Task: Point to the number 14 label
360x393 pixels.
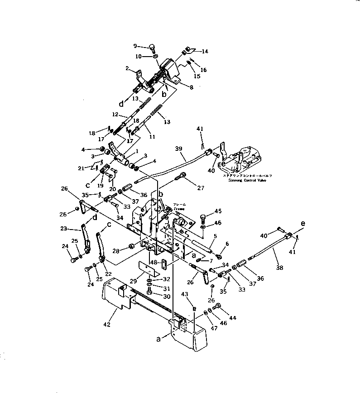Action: pos(205,52)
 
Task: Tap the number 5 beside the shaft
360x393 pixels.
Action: pos(215,235)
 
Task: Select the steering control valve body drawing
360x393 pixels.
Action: pos(242,158)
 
